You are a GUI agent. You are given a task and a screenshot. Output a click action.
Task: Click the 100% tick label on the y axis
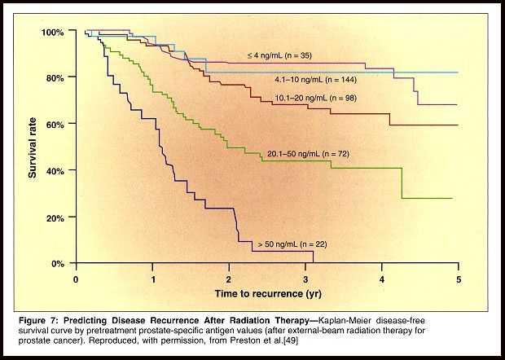(x=53, y=32)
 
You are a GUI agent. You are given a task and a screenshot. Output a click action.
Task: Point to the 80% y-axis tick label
(x=55, y=77)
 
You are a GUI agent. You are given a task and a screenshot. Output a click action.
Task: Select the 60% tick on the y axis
(x=55, y=124)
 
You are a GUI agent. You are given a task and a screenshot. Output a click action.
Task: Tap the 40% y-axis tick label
(x=55, y=170)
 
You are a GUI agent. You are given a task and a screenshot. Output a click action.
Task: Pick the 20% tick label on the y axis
(x=55, y=217)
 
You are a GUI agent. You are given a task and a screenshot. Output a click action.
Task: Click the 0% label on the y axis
(x=58, y=264)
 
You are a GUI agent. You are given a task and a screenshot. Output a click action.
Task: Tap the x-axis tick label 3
(x=305, y=279)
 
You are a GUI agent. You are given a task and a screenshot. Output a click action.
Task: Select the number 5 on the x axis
(x=459, y=279)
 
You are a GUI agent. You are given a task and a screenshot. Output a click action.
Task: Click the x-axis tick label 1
(x=152, y=279)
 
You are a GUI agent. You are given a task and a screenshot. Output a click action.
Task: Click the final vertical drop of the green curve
(x=402, y=183)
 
